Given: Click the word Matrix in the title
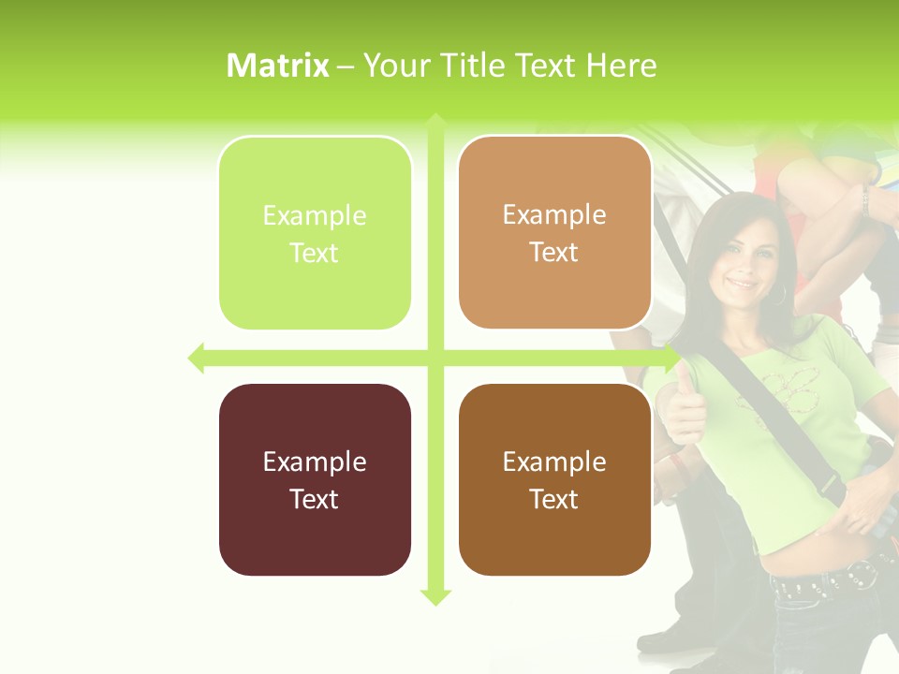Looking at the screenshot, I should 278,66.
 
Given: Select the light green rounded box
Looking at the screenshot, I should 315,233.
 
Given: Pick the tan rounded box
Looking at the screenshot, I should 554,232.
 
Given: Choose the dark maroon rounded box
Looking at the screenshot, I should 315,479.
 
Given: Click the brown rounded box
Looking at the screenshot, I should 554,479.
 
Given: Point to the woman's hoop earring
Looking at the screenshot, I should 779,295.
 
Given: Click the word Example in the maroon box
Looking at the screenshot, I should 315,462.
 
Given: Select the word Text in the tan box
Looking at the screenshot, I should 554,253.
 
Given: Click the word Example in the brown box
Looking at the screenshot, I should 554,462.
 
